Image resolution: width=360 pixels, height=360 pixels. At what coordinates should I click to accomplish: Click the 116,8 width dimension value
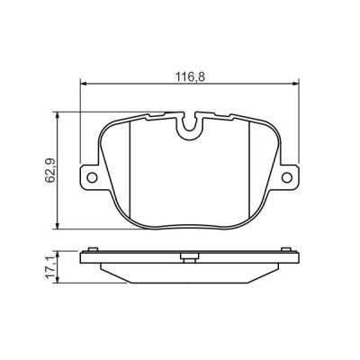(x=190, y=77)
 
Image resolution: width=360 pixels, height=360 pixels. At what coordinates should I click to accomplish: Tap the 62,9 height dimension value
(x=50, y=171)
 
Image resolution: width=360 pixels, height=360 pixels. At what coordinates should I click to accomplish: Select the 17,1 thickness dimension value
(x=50, y=267)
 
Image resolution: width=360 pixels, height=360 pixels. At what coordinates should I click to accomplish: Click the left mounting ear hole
(x=92, y=177)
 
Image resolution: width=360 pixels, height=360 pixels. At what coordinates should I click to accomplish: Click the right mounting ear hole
(x=287, y=177)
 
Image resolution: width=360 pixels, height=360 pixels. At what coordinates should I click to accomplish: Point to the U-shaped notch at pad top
(x=190, y=125)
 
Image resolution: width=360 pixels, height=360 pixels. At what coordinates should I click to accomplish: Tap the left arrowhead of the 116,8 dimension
(x=83, y=84)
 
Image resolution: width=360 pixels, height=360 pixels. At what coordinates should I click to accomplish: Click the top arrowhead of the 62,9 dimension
(x=58, y=116)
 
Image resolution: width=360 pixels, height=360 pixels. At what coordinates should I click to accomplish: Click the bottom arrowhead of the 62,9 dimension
(x=58, y=226)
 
